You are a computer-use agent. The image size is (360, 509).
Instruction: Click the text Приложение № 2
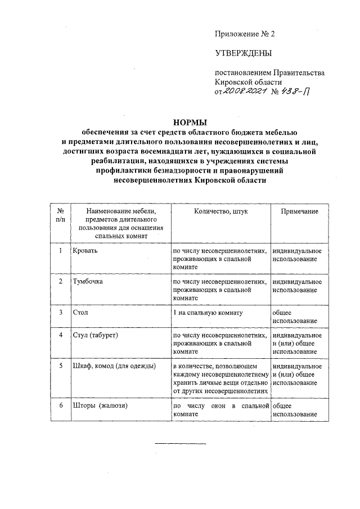(245, 34)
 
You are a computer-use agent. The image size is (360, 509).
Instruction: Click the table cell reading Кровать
(84, 250)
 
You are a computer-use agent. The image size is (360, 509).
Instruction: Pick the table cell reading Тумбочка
(87, 281)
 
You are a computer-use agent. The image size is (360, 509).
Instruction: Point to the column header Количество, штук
(220, 211)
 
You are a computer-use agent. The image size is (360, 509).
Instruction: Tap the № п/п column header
(60, 215)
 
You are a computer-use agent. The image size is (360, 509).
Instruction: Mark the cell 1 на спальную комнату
(208, 311)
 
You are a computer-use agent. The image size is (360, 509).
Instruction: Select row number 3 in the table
(60, 311)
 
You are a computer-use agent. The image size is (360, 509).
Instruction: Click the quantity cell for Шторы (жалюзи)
(220, 409)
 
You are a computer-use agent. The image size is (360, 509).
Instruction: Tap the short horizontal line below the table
(181, 444)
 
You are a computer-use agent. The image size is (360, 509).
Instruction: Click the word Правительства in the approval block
(299, 73)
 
